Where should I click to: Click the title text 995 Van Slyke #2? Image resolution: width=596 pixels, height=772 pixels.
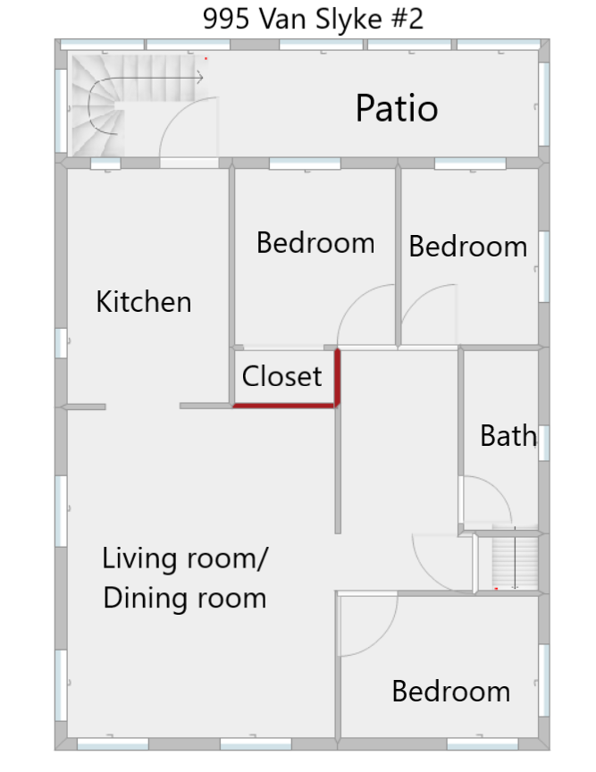tap(313, 20)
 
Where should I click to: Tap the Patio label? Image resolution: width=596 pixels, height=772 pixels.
tap(397, 108)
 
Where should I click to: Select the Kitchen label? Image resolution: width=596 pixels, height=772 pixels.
tap(144, 301)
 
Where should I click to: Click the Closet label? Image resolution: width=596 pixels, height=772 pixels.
tap(281, 376)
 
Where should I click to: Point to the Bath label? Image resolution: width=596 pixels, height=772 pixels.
tap(508, 436)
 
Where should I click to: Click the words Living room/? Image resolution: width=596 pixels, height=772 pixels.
tap(185, 559)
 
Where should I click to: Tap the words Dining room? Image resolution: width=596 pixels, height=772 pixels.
tap(185, 598)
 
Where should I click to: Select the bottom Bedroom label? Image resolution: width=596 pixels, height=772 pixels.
tap(450, 691)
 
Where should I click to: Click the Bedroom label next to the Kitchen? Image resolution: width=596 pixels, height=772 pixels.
tap(315, 243)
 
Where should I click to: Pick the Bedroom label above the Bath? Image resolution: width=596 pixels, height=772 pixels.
tap(468, 247)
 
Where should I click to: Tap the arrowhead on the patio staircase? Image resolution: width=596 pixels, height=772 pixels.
tap(200, 78)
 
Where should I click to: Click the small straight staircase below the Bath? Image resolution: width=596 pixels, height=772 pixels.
tap(515, 561)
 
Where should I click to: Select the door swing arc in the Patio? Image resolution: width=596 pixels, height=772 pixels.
tap(176, 114)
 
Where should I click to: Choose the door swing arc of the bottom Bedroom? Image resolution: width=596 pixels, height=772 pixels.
tap(383, 638)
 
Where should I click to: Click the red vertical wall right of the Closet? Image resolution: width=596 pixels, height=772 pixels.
tap(338, 378)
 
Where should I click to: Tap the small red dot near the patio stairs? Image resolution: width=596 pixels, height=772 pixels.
tap(206, 59)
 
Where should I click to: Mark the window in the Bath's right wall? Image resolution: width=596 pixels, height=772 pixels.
tap(544, 442)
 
